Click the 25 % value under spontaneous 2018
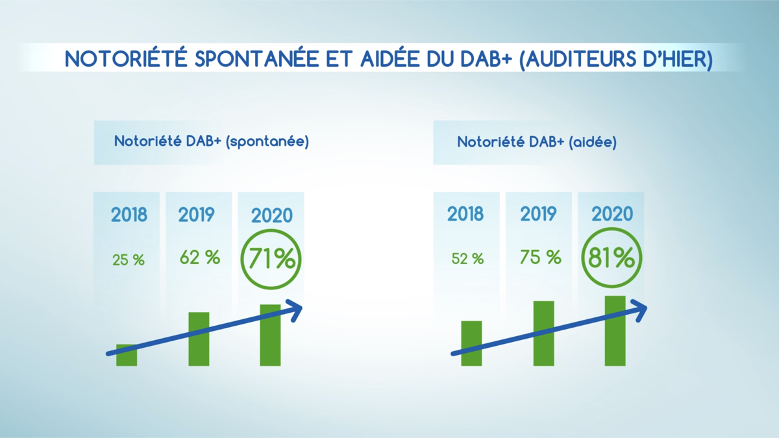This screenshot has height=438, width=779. (129, 260)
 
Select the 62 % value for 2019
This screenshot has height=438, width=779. (200, 257)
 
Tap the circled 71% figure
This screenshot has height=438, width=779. (271, 259)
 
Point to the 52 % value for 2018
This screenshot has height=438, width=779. (467, 258)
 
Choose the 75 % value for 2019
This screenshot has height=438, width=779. (540, 257)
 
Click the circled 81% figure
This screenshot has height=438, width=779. (612, 258)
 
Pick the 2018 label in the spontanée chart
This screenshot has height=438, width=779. (129, 214)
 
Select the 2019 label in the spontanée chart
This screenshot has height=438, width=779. (197, 214)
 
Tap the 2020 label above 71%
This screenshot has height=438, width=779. (271, 215)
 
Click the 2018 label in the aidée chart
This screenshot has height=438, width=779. (465, 214)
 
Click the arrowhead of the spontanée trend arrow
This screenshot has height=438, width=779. (295, 310)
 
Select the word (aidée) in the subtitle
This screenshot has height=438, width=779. (592, 142)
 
